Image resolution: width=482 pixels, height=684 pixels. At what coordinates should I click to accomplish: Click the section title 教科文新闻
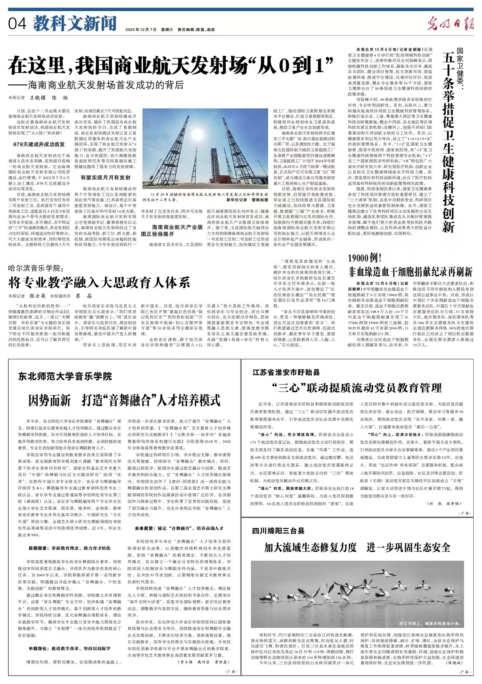(74, 24)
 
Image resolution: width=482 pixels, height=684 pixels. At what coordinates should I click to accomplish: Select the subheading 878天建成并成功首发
(39, 144)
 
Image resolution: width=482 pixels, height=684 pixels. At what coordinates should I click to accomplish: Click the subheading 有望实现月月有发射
(105, 177)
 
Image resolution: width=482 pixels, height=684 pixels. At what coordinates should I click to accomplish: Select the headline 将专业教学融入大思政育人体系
(99, 283)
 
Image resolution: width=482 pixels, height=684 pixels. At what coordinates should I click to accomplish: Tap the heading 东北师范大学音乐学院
(65, 376)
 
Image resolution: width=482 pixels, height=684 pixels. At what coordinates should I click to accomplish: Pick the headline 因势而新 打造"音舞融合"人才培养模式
(125, 400)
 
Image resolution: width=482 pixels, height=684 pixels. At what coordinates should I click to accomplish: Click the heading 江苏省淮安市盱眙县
(286, 372)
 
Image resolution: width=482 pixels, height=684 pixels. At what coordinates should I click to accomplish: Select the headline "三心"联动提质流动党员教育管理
(357, 388)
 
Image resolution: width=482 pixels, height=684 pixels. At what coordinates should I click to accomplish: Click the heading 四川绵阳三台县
(278, 531)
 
